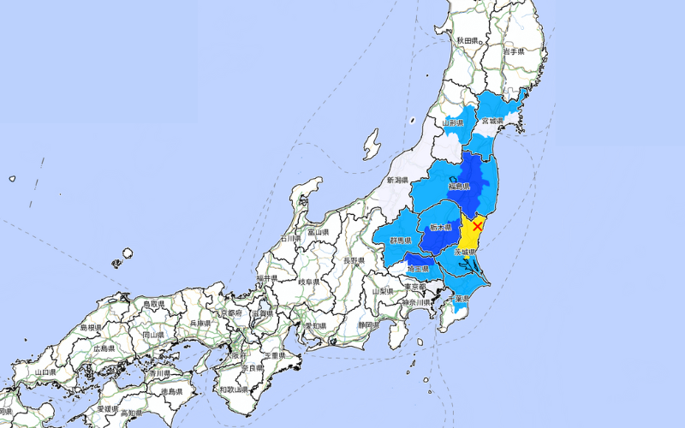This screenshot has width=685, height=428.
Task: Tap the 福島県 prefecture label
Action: (x=460, y=185)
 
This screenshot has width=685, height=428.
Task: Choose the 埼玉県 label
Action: (x=419, y=269)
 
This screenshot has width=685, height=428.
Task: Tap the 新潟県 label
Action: (x=398, y=181)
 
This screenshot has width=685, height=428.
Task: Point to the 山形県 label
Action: (x=453, y=123)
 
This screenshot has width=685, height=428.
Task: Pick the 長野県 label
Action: (x=354, y=260)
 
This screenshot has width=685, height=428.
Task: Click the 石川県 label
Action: (x=292, y=238)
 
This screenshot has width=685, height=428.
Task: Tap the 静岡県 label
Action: (x=369, y=325)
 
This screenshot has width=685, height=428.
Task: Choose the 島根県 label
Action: (x=92, y=328)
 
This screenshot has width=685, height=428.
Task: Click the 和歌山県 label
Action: (x=234, y=389)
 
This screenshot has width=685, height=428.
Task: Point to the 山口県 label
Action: (x=45, y=372)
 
